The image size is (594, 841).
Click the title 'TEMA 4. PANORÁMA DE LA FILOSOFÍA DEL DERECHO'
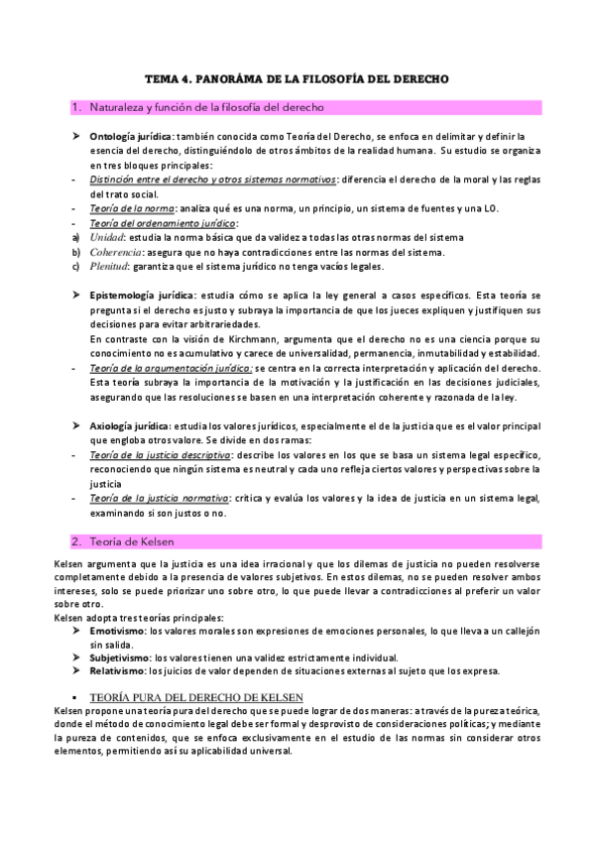point(297,77)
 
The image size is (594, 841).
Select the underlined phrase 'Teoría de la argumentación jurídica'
point(171,368)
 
